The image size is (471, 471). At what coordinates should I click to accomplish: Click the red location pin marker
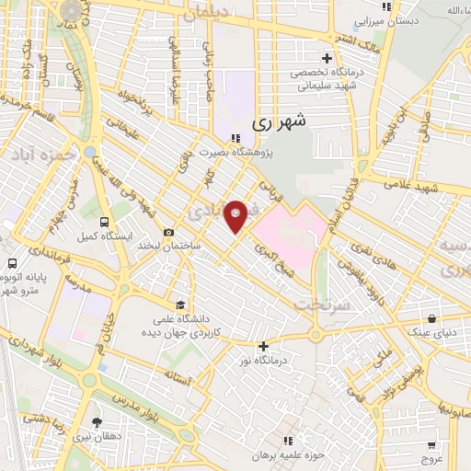(236, 216)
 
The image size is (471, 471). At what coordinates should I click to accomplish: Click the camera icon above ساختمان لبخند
(168, 233)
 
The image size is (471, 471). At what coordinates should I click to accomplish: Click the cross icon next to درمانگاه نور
(264, 347)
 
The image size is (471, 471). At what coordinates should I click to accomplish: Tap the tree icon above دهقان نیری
(97, 422)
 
